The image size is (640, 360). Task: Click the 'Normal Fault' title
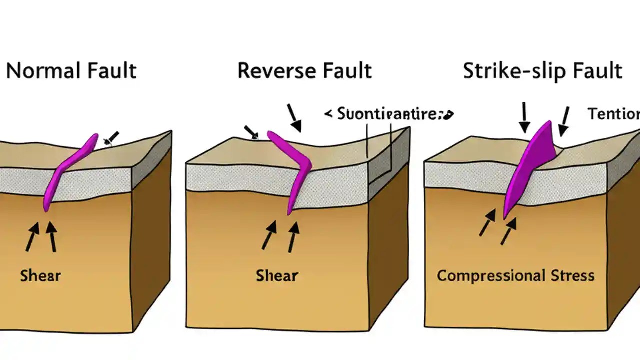point(71,71)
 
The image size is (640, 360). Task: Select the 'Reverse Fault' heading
point(304,71)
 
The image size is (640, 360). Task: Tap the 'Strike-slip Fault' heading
point(542,71)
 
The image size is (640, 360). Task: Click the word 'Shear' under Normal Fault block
point(40,275)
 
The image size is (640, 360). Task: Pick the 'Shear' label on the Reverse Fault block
point(277,275)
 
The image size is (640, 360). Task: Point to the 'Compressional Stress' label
point(515,275)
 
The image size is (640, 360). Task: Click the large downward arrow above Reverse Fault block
point(294,119)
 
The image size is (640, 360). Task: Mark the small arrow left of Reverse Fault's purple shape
point(251,132)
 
